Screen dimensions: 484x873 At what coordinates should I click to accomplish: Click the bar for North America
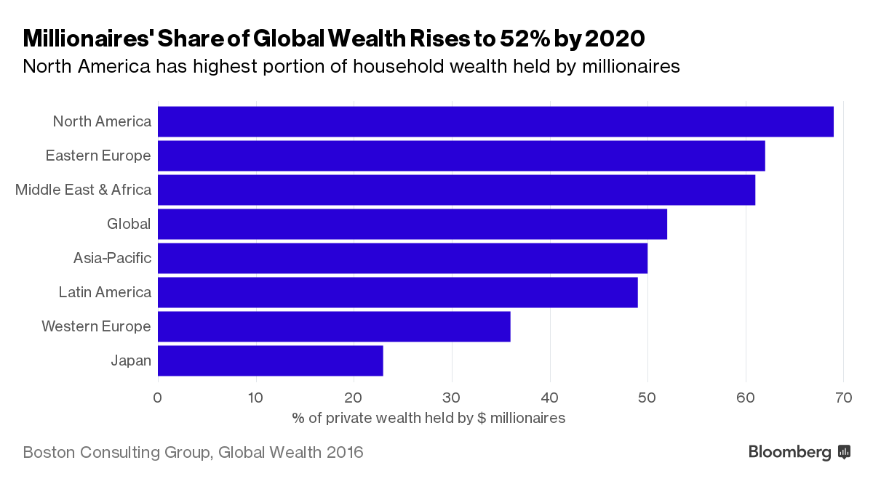point(495,121)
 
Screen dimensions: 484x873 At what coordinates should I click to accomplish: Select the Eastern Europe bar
point(461,156)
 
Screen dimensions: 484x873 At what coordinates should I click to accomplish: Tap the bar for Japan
point(270,360)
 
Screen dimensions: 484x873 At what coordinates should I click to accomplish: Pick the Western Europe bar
point(334,326)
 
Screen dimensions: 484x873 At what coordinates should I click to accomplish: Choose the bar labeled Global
point(412,224)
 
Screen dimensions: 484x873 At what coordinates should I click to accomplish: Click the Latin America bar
point(397,292)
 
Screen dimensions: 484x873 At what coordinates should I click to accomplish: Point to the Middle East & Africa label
point(83,190)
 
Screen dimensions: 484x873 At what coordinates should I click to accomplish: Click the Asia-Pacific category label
point(112,258)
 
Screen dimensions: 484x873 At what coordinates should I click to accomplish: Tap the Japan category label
point(131,360)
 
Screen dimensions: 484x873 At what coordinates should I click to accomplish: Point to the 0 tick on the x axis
point(158,398)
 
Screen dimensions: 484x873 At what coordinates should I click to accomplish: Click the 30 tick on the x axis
point(452,398)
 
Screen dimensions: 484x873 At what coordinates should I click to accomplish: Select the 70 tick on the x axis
point(843,398)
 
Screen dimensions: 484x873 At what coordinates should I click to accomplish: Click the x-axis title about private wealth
point(428,418)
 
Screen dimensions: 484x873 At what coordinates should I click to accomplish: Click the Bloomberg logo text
point(789,452)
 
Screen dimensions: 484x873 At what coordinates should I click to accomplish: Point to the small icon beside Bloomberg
point(845,452)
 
